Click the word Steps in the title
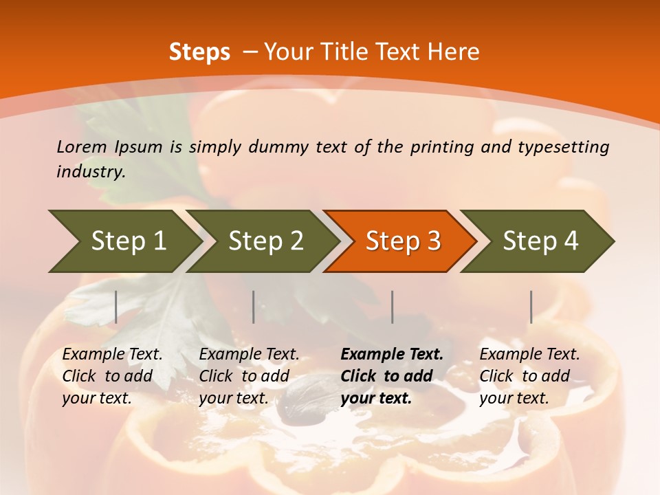click(199, 52)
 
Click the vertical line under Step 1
click(116, 307)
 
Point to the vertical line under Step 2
click(254, 307)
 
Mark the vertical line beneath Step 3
click(393, 307)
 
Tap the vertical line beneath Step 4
click(531, 307)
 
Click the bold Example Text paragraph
click(392, 376)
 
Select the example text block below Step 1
click(112, 376)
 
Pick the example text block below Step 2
click(249, 376)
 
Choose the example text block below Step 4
click(529, 376)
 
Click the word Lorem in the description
click(82, 147)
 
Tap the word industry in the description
click(90, 172)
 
